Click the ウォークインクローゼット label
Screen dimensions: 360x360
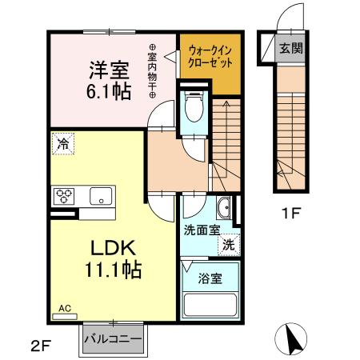point(209,56)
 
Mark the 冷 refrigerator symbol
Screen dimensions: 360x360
point(62,144)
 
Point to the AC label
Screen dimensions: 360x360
point(64,307)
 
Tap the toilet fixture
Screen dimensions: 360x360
point(193,108)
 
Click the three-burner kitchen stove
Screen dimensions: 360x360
point(65,195)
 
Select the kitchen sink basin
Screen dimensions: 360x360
point(101,195)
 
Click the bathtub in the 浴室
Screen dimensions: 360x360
point(210,305)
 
